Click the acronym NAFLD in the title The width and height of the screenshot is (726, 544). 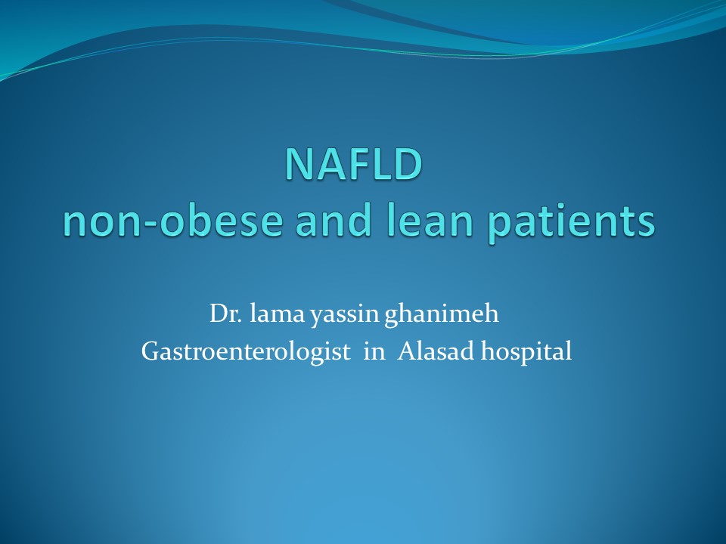click(354, 164)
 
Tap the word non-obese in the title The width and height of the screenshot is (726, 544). click(172, 221)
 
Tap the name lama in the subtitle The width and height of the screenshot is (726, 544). click(277, 313)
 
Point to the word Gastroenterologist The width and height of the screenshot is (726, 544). click(246, 353)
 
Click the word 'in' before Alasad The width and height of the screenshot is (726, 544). click(374, 351)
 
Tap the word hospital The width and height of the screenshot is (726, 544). click(526, 353)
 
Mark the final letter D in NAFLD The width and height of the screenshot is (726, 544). click(409, 164)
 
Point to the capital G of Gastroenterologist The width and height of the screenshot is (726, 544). click(151, 351)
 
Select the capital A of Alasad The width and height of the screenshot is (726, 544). click(408, 351)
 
